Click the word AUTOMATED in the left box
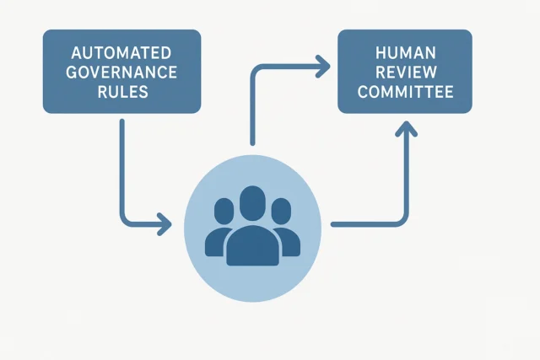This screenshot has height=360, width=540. click(x=121, y=53)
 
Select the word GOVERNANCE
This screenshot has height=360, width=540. click(x=121, y=72)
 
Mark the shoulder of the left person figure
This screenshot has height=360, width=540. click(x=216, y=237)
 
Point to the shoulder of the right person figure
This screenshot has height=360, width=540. click(x=289, y=237)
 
